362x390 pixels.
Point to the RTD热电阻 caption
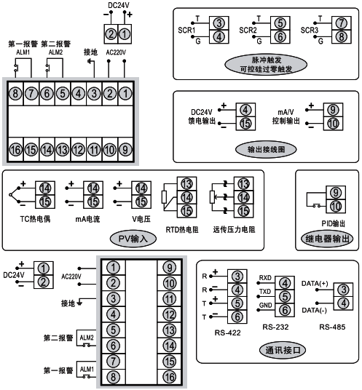click(x=181, y=228)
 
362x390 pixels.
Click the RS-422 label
click(x=227, y=333)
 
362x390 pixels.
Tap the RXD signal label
click(x=266, y=279)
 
